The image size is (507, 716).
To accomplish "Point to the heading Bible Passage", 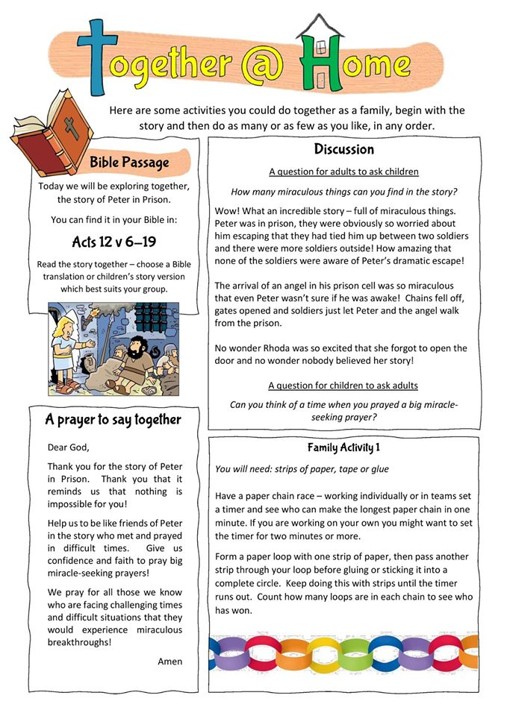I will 129,162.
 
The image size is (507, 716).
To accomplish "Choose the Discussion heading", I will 343,149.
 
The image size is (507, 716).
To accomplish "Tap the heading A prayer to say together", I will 113,420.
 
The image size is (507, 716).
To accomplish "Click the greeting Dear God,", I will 67,447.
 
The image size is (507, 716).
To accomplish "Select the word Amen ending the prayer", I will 169,661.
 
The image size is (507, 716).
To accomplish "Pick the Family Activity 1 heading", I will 343,447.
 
